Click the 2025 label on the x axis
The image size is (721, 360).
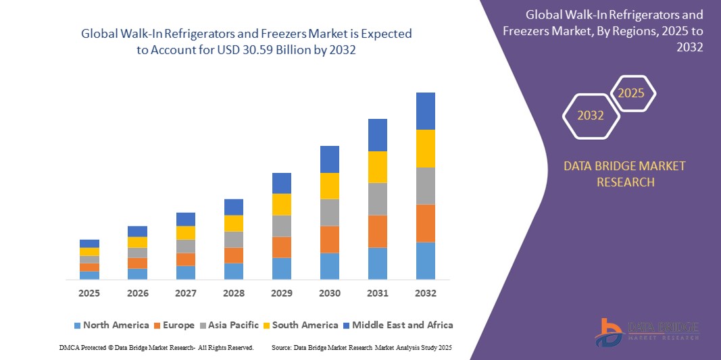tap(89, 294)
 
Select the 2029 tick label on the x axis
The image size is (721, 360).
tap(282, 294)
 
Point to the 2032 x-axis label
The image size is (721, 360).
tap(426, 294)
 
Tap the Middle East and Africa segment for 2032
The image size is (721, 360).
tap(426, 111)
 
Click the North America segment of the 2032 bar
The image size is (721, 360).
tap(426, 261)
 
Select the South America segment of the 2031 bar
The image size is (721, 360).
tap(378, 167)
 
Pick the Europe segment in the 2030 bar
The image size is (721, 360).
tap(330, 240)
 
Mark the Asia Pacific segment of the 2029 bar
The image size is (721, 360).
tap(282, 226)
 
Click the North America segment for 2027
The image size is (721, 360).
tap(186, 273)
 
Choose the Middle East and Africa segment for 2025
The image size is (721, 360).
tap(89, 244)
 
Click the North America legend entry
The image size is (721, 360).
tap(111, 326)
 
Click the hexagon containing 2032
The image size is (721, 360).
tap(591, 115)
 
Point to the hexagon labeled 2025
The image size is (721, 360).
tap(632, 93)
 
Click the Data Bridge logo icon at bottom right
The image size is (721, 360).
tap(610, 332)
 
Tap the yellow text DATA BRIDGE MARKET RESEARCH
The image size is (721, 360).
tap(624, 174)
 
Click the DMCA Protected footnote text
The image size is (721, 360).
tap(156, 347)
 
